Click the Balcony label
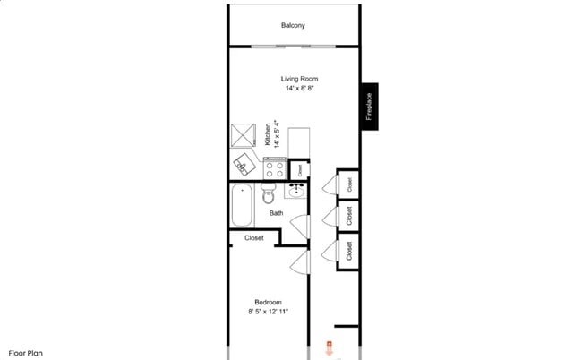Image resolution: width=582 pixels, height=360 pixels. [x=293, y=25]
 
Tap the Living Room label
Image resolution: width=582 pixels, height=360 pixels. [x=293, y=79]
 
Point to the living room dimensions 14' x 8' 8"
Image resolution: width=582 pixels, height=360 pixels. [x=293, y=89]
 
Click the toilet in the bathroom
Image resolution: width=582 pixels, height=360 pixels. [x=269, y=193]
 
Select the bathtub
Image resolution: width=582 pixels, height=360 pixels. [x=242, y=205]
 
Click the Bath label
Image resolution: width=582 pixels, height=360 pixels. [x=277, y=213]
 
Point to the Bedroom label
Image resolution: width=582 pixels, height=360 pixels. [x=269, y=302]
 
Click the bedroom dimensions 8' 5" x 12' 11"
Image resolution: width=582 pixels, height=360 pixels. [x=269, y=312]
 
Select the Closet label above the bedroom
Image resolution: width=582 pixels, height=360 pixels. [x=253, y=238]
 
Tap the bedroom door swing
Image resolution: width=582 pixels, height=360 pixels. [x=301, y=261]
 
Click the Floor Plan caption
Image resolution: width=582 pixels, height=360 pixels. [x=26, y=353]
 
